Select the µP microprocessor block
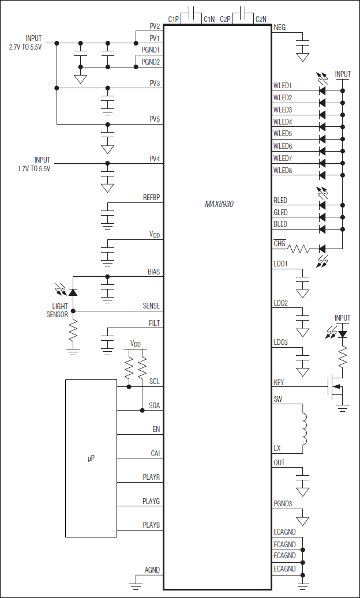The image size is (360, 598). pos(91,458)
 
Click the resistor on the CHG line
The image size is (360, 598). pos(299,249)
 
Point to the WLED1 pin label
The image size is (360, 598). pos(283,86)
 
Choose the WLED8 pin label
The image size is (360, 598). pos(283,170)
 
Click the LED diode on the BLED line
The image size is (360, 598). pos(322,230)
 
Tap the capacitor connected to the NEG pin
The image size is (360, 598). pos(302,43)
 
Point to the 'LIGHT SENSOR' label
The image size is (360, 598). pos(57,310)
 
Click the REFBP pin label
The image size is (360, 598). pos(151,198)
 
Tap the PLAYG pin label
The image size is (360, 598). pos(151,501)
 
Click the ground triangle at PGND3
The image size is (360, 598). pos(302,520)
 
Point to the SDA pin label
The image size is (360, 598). pos(154,405)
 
